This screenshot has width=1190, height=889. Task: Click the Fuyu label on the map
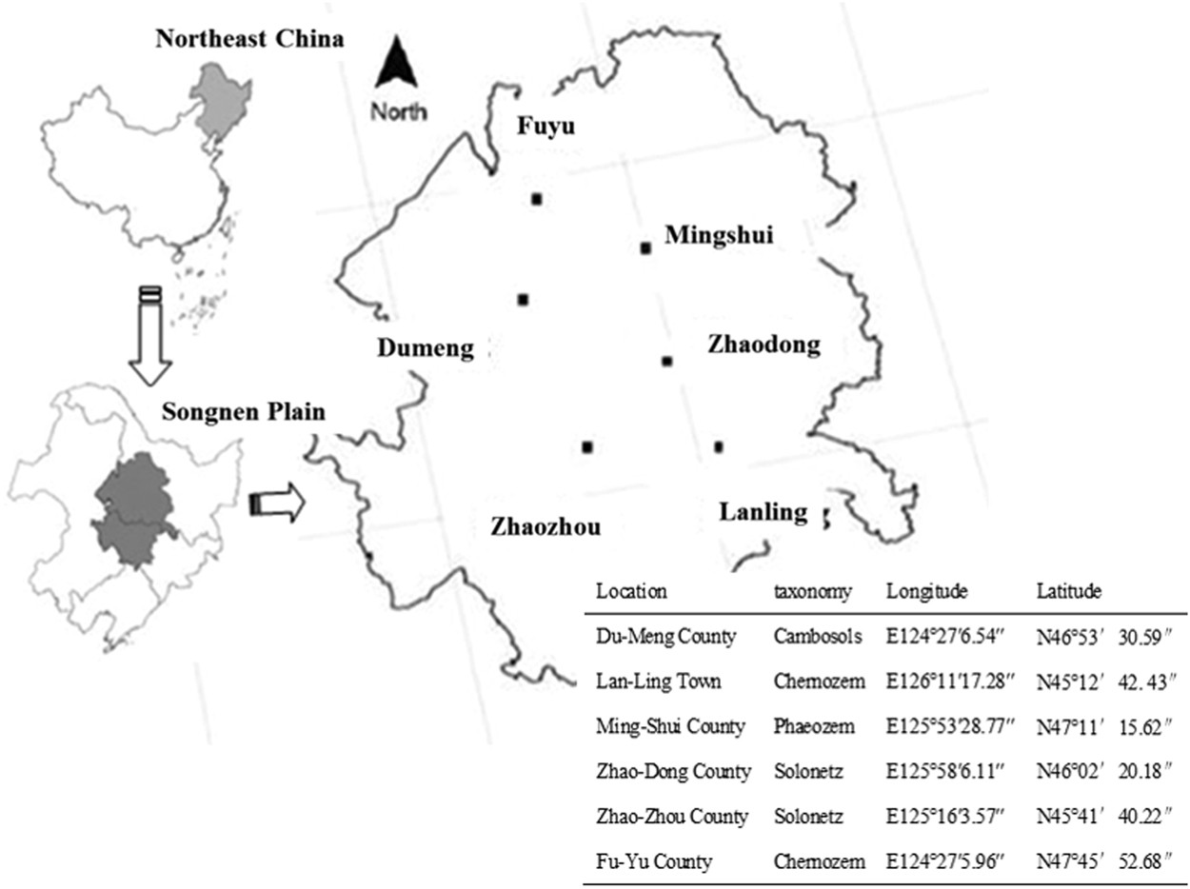pyautogui.click(x=545, y=127)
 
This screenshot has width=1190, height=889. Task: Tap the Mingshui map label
pyautogui.click(x=718, y=234)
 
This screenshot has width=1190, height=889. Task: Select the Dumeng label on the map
pyautogui.click(x=425, y=348)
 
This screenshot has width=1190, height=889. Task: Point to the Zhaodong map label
pyautogui.click(x=764, y=345)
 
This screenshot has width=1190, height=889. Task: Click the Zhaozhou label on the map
pyautogui.click(x=545, y=525)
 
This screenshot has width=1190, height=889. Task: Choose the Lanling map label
pyautogui.click(x=763, y=512)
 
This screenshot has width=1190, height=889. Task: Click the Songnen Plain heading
pyautogui.click(x=244, y=412)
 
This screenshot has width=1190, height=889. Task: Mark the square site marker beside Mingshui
pyautogui.click(x=645, y=248)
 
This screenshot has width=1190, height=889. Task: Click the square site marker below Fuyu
pyautogui.click(x=537, y=199)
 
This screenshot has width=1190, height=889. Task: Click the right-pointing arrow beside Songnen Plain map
pyautogui.click(x=276, y=504)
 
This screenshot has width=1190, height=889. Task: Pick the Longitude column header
pyautogui.click(x=927, y=591)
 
